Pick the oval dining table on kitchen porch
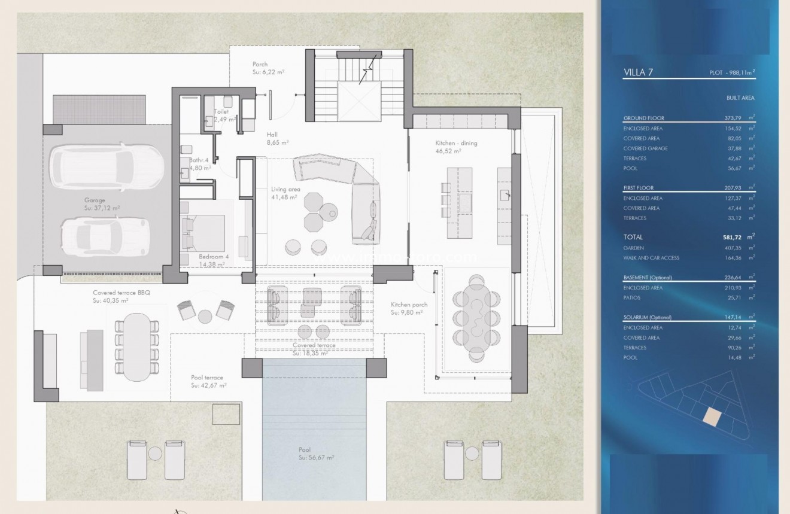pyautogui.click(x=477, y=318)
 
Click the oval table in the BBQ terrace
pyautogui.click(x=137, y=347)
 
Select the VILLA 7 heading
pyautogui.click(x=638, y=72)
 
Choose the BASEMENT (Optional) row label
pyautogui.click(x=648, y=278)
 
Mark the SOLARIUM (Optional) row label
pyautogui.click(x=648, y=318)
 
